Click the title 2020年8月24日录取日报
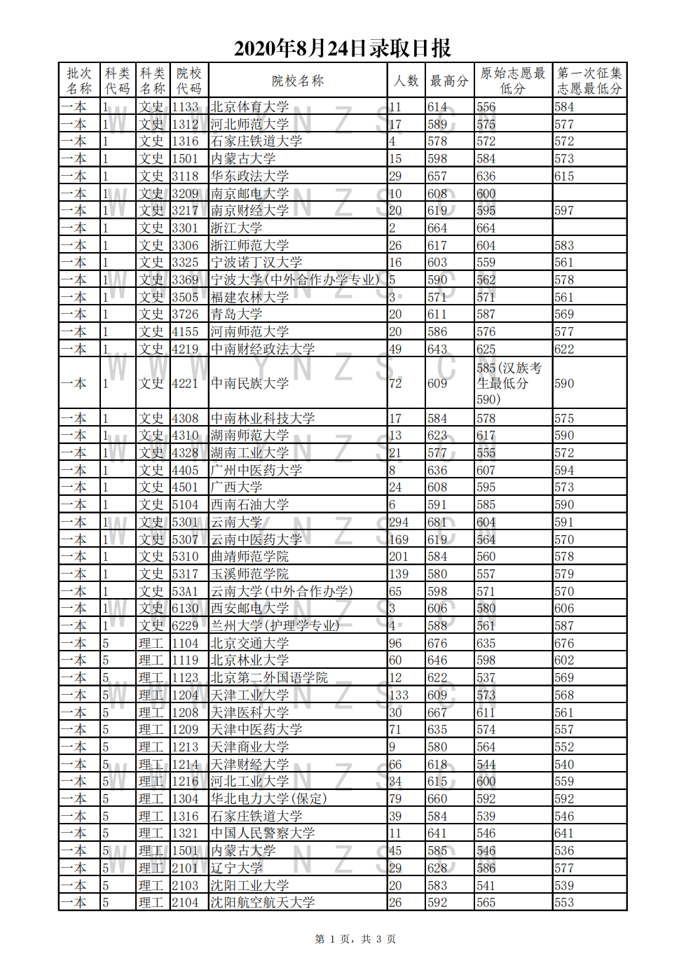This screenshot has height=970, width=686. pyautogui.click(x=342, y=48)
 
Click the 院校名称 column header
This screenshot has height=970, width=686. pyautogui.click(x=298, y=81)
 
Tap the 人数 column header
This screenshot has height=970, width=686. pyautogui.click(x=406, y=81)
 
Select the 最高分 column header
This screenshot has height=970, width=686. pyautogui.click(x=449, y=81)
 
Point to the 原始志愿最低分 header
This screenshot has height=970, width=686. pyautogui.click(x=512, y=81)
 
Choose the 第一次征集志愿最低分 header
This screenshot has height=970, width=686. pyautogui.click(x=589, y=81)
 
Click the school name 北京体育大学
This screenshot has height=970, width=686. pyautogui.click(x=250, y=107)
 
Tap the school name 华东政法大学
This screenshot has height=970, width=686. pyautogui.click(x=250, y=176)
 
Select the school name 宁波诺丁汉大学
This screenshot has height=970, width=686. pyautogui.click(x=256, y=263)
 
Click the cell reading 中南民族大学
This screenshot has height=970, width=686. pyautogui.click(x=250, y=384)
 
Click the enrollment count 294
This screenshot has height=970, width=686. pyautogui.click(x=399, y=522)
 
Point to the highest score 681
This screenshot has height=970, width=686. pyautogui.click(x=437, y=522)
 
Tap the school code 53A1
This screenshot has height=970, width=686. pyautogui.click(x=186, y=592)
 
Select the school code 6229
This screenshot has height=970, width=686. pyautogui.click(x=186, y=626)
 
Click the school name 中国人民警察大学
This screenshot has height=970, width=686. pyautogui.click(x=263, y=833)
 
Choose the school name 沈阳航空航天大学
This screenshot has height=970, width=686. pyautogui.click(x=263, y=903)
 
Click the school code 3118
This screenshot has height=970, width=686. pyautogui.click(x=186, y=176)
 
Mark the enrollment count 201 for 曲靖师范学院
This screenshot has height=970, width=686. pyautogui.click(x=399, y=557)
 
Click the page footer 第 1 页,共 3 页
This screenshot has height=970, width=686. pyautogui.click(x=355, y=939)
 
